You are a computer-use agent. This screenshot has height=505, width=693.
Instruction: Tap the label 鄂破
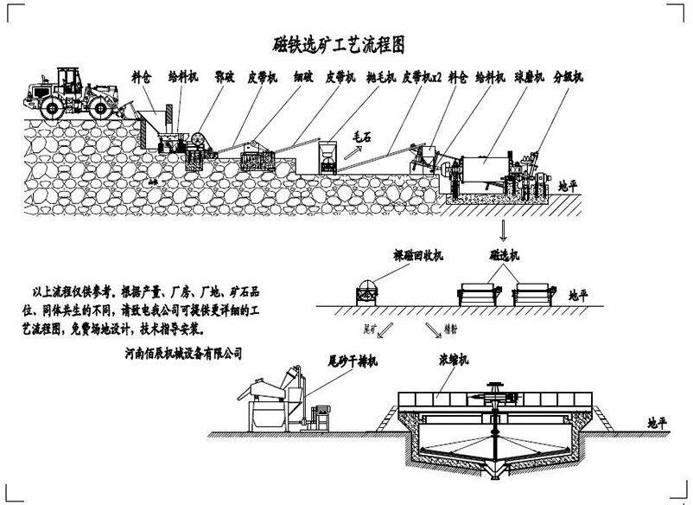pyautogui.click(x=226, y=78)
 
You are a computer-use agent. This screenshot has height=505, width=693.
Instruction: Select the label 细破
pyautogui.click(x=303, y=78)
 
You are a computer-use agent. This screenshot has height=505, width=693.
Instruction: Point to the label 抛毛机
pyautogui.click(x=381, y=78)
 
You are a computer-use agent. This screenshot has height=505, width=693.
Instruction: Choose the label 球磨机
pyautogui.click(x=528, y=78)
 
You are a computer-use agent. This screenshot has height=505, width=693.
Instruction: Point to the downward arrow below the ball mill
pyautogui.click(x=500, y=229)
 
